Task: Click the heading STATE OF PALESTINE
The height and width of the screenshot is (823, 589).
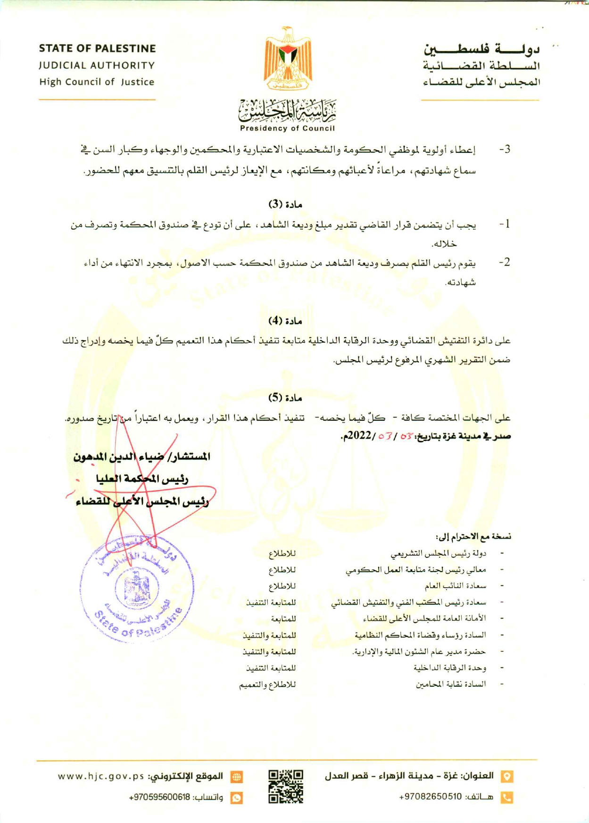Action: (x=97, y=49)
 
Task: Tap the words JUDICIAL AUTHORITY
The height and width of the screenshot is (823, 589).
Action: (x=97, y=66)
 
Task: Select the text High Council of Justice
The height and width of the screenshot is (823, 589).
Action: (x=97, y=82)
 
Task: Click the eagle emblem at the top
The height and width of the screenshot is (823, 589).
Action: (x=287, y=58)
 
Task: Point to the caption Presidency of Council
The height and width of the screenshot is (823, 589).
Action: (x=287, y=128)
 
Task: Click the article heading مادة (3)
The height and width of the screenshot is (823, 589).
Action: (x=285, y=204)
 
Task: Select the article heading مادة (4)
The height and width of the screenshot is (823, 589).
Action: (x=285, y=321)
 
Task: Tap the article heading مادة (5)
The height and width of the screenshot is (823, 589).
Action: (x=285, y=398)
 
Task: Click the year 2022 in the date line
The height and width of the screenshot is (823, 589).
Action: (x=360, y=436)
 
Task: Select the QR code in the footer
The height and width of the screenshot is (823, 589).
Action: (x=286, y=786)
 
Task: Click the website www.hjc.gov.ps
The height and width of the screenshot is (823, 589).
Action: (x=101, y=777)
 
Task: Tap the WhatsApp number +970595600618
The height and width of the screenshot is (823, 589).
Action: (x=159, y=798)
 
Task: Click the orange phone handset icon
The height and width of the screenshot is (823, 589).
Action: (x=506, y=798)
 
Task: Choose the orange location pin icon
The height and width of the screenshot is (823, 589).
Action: (x=506, y=776)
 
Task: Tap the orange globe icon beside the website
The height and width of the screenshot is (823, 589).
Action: (x=236, y=777)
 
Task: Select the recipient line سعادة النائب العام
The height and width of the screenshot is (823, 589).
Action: (x=456, y=586)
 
